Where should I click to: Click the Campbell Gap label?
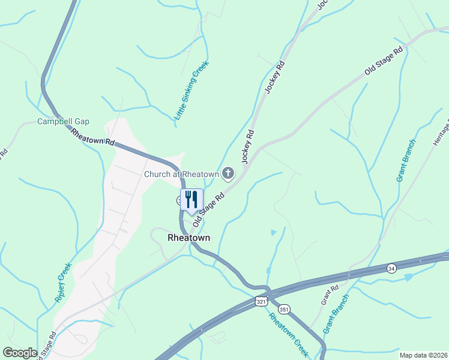pyautogui.click(x=63, y=121)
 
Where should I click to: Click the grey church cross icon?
pyautogui.click(x=228, y=174)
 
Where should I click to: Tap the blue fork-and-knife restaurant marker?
pyautogui.click(x=192, y=200)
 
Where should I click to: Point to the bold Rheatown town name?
pyautogui.click(x=188, y=238)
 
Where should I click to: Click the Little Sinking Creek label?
pyautogui.click(x=191, y=91)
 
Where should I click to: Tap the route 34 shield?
pyautogui.click(x=391, y=267)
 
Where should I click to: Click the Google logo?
pyautogui.click(x=20, y=353)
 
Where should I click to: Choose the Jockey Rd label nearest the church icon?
pyautogui.click(x=249, y=147)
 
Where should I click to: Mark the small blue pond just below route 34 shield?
pyautogui.click(x=409, y=277)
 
